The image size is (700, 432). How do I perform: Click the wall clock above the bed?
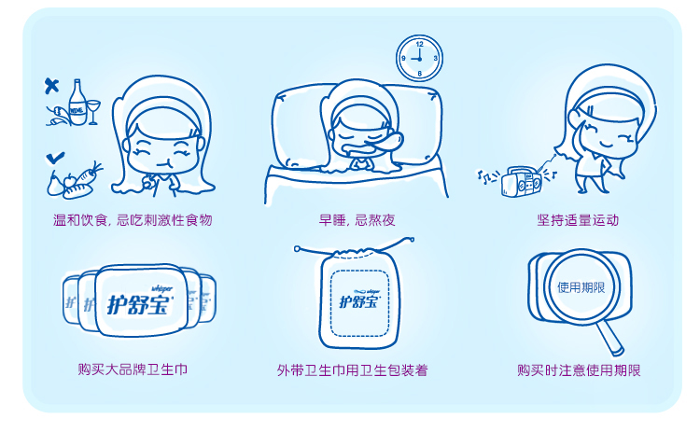pyautogui.click(x=419, y=59)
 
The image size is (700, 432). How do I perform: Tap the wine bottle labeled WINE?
pyautogui.click(x=77, y=103)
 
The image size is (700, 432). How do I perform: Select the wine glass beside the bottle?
pyautogui.click(x=93, y=111)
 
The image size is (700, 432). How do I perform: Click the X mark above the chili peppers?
pyautogui.click(x=51, y=85)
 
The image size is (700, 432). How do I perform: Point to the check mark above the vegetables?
pyautogui.click(x=55, y=158)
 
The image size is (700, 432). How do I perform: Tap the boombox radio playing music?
pyautogui.click(x=521, y=181)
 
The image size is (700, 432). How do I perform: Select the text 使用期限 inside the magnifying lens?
pyautogui.click(x=581, y=287)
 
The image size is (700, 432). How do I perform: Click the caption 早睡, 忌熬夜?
pyautogui.click(x=357, y=220)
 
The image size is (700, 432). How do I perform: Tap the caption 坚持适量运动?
pyautogui.click(x=578, y=220)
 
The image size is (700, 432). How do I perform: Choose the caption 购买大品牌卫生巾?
pyautogui.click(x=133, y=369)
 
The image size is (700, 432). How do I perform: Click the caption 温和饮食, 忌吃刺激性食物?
pyautogui.click(x=133, y=220)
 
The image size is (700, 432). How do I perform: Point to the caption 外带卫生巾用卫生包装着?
pyautogui.click(x=353, y=370)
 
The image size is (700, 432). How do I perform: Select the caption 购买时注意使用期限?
pyautogui.click(x=579, y=370)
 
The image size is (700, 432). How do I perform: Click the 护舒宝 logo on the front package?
pyautogui.click(x=139, y=304)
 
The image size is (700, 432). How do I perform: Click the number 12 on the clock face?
pyautogui.click(x=420, y=44)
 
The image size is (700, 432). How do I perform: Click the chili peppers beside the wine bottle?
pyautogui.click(x=58, y=116)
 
